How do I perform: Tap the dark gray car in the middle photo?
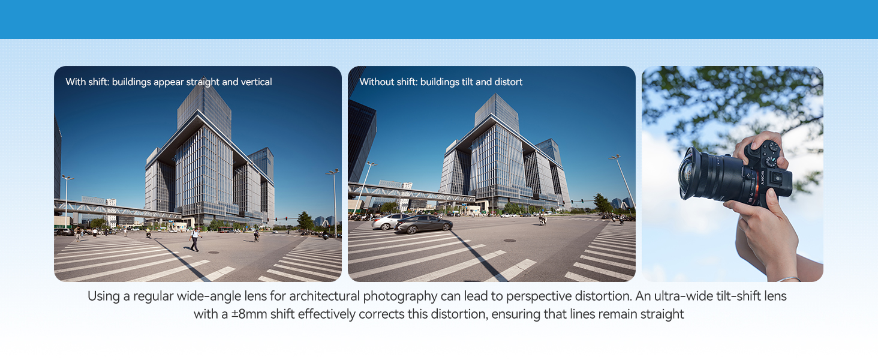click(x=423, y=224)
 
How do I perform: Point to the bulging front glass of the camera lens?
click(x=685, y=174)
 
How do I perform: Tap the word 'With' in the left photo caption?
click(x=76, y=82)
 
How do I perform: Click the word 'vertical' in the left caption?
click(x=257, y=82)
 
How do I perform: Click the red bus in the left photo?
click(x=224, y=229)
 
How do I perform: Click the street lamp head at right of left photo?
click(x=331, y=172)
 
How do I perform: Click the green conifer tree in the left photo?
click(x=305, y=220)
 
